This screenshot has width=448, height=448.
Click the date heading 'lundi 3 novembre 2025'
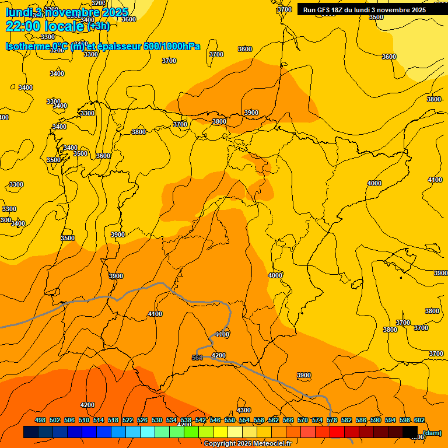coord(66,12)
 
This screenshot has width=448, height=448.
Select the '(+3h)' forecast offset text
coord(98,26)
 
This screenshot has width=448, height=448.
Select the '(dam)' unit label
coord(432,433)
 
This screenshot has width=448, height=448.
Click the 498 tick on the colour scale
coord(40,421)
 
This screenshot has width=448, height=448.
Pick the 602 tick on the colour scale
coord(419,421)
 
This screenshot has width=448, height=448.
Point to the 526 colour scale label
coord(142,421)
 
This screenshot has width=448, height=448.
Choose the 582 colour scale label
coord(346,421)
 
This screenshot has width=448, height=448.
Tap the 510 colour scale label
coord(84,421)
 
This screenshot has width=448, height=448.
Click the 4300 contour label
coord(244,410)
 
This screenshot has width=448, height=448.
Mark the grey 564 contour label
coord(197,358)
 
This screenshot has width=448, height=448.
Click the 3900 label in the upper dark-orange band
coord(251,113)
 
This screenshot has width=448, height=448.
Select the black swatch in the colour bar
coord(410,432)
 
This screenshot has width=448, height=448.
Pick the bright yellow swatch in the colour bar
coord(220,432)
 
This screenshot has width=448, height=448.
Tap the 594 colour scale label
coord(390,421)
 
